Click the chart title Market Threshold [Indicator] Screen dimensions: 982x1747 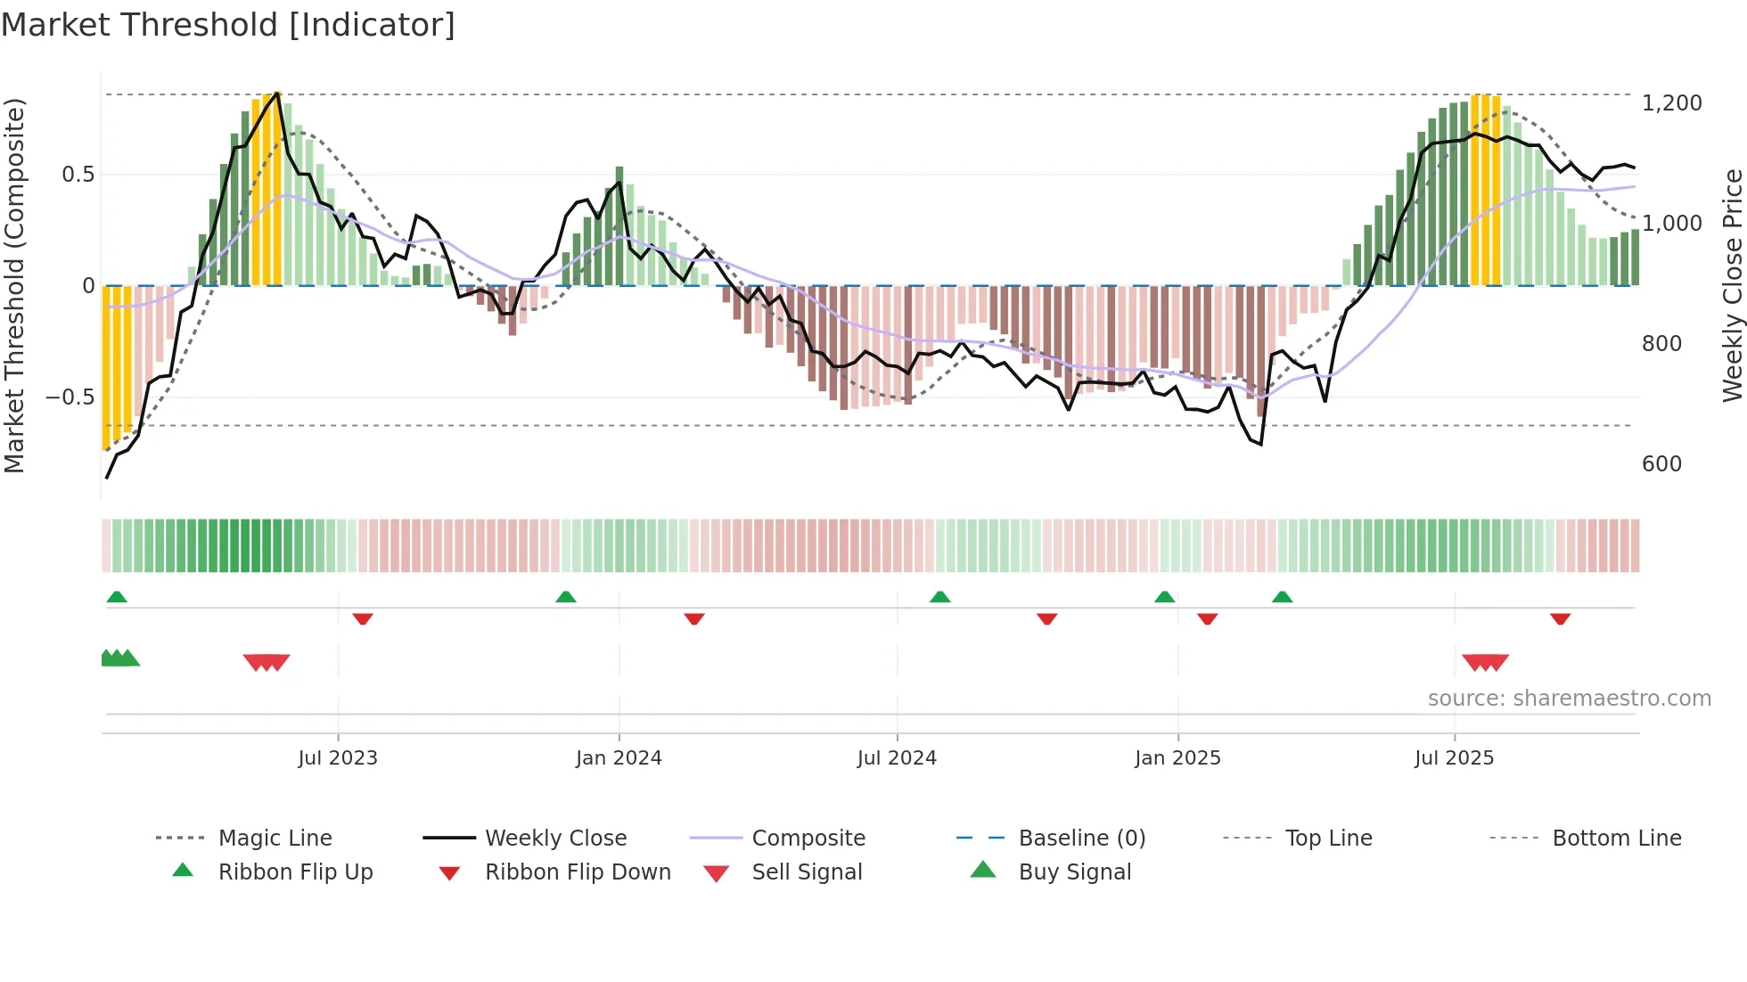228,25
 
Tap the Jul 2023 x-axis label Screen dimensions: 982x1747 338,758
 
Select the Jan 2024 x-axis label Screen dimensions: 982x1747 619,758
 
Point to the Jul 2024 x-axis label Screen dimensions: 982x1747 897,758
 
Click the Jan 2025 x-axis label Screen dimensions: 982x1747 1177,758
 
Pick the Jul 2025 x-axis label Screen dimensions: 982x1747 1454,758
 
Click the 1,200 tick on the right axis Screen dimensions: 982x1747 1671,103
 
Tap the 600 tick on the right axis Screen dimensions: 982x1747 1661,464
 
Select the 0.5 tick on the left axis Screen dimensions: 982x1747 78,175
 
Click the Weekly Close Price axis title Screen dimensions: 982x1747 1732,285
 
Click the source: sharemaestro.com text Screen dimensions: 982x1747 1569,699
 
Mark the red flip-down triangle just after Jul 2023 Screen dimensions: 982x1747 363,618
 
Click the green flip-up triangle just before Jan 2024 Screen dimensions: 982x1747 566,597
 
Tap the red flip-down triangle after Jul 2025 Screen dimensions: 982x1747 1560,618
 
